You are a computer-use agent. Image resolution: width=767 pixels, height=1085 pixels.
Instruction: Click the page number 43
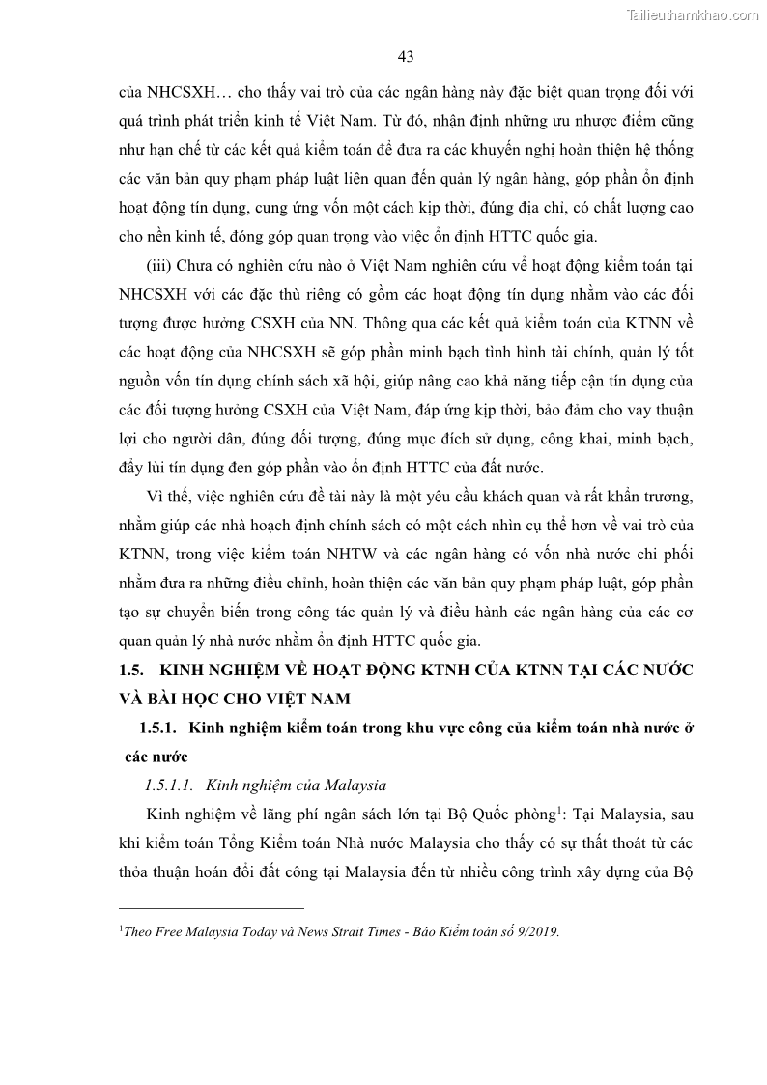(406, 57)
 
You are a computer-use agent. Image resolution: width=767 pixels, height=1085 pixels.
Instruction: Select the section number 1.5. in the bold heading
(130, 670)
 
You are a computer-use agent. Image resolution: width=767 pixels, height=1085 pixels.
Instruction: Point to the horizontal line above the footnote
(211, 908)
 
